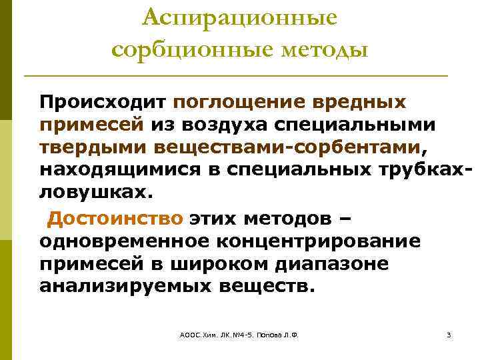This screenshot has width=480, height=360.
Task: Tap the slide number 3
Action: pos(449,335)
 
